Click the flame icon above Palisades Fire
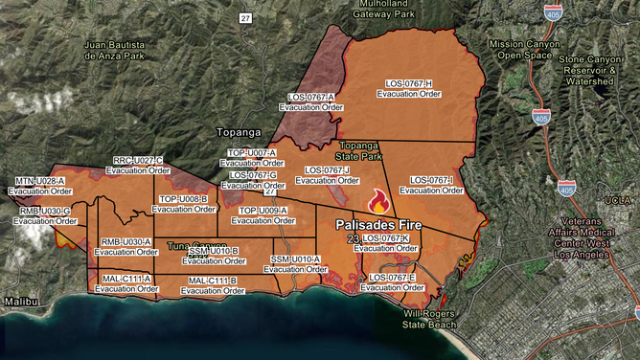click(x=379, y=202)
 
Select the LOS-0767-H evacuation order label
click(x=409, y=89)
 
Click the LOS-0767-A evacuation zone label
click(x=311, y=102)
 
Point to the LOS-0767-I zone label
click(x=431, y=185)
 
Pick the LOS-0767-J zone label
click(x=328, y=175)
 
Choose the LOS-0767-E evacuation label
click(x=393, y=282)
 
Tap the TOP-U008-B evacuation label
click(x=184, y=204)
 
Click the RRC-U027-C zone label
click(x=138, y=165)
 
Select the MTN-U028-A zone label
click(x=40, y=186)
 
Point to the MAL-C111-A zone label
click(x=126, y=283)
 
